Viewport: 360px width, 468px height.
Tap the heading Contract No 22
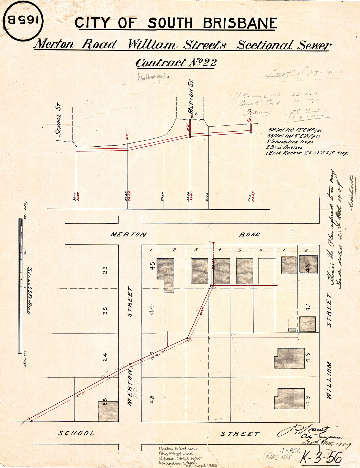point(176,63)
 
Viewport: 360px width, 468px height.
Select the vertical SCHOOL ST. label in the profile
point(59,120)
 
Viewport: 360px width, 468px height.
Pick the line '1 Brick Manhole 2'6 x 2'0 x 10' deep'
point(307,153)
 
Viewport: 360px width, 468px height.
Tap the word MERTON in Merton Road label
point(129,235)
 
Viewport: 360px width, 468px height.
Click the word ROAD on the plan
point(249,235)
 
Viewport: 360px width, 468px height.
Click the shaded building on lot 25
point(108,411)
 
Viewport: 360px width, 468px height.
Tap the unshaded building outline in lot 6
point(266,271)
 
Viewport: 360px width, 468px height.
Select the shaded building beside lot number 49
point(289,399)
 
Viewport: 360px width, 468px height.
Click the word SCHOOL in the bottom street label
point(76,434)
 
